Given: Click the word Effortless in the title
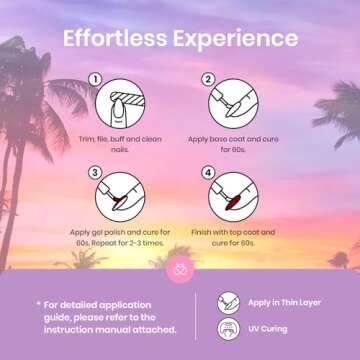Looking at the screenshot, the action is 115,39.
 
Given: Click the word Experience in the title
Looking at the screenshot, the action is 235,40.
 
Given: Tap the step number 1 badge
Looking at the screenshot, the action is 95,80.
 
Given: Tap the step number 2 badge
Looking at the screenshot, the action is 208,80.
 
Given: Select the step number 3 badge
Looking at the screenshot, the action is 95,173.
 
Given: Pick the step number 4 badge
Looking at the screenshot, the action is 208,173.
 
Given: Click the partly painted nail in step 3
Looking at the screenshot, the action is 120,203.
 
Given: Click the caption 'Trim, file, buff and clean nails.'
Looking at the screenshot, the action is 120,144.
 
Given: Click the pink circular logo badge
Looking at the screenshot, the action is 180,269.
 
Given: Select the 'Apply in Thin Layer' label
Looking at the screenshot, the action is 284,303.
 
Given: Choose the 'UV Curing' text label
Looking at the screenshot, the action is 268,329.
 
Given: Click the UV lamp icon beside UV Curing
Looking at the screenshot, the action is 228,329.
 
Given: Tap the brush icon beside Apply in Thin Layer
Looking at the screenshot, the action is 228,303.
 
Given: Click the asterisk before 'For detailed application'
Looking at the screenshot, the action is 39,304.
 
